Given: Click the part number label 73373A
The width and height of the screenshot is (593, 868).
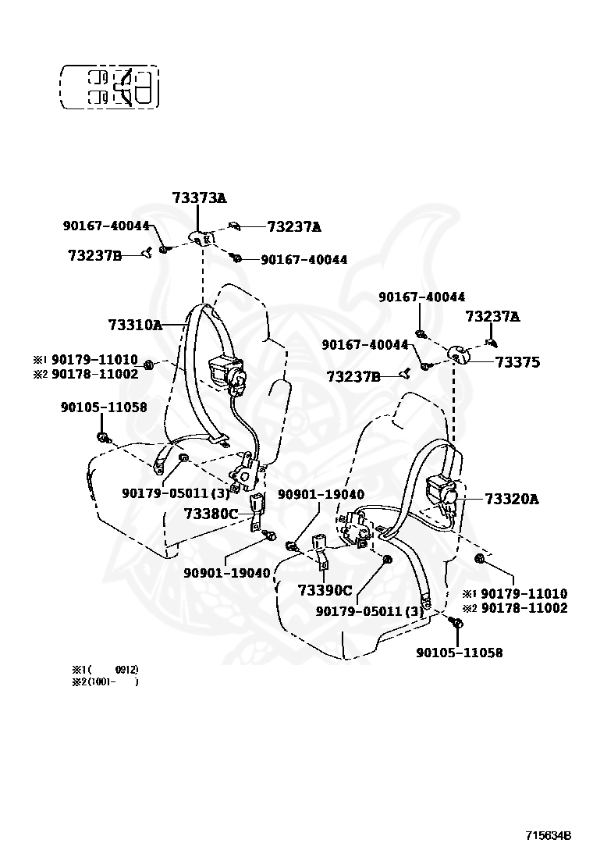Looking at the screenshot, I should (199, 198).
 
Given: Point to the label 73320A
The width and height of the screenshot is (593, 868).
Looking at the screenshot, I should (511, 499).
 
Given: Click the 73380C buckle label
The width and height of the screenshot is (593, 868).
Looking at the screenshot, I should (211, 514).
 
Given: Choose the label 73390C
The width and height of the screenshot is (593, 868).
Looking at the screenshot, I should (325, 590).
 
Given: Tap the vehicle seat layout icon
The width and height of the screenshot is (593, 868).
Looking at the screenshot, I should (109, 87).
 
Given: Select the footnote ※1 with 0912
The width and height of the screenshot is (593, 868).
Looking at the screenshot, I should (105, 670).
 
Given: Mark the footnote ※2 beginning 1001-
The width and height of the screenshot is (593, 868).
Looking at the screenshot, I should (105, 682).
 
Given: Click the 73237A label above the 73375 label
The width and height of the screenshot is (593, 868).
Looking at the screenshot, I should (492, 316).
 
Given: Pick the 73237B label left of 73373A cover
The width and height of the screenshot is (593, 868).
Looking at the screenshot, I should (94, 254).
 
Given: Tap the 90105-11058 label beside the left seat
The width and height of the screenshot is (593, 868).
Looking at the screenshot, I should (104, 407).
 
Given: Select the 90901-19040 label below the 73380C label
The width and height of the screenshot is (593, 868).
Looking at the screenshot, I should (227, 573).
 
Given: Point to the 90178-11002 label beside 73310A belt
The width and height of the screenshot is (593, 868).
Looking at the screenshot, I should (95, 374).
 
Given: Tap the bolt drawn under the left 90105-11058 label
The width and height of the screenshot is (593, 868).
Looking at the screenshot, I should (102, 436).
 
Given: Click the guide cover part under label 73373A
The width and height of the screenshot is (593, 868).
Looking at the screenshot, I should (201, 237).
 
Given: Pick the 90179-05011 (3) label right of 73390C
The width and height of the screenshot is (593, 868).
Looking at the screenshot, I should (370, 612).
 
